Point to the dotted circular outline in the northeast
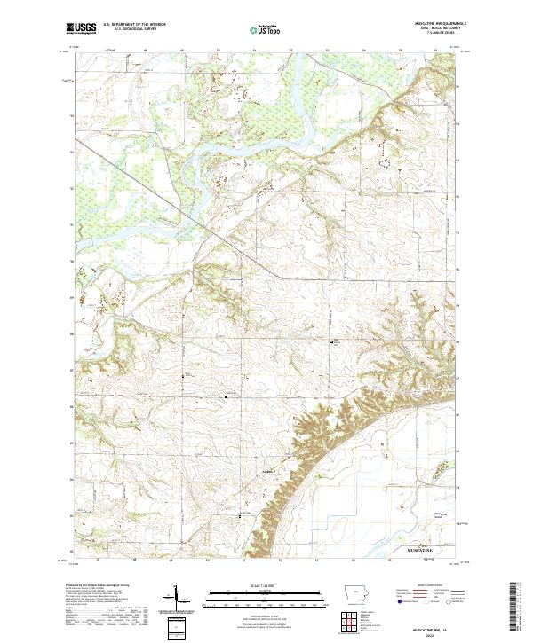click(385, 162)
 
